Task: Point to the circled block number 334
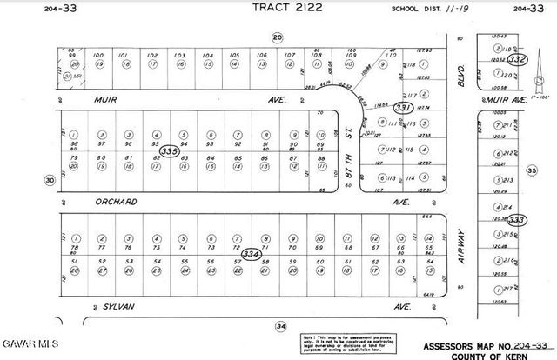(x=252, y=254)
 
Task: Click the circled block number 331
(x=402, y=108)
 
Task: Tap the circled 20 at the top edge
(x=278, y=37)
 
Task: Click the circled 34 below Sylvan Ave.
(x=280, y=326)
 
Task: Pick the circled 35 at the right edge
(x=532, y=171)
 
